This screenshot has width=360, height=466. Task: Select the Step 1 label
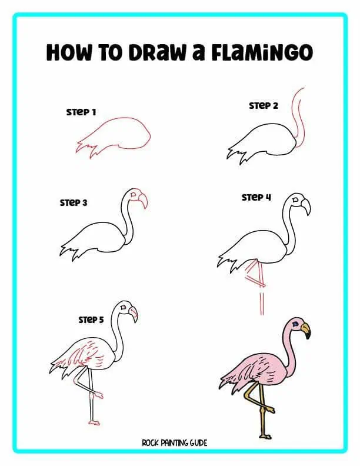point(81,112)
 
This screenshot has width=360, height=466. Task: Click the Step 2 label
point(263,106)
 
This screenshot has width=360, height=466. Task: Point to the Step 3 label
point(74,202)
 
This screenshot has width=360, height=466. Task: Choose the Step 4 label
point(256,197)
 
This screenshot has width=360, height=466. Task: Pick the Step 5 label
point(91,319)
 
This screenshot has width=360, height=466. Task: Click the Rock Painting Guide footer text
point(174,442)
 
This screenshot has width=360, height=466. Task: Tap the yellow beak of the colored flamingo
point(305,331)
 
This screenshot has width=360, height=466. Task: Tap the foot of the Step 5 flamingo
point(94,421)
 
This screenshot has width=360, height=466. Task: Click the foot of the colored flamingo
point(264,436)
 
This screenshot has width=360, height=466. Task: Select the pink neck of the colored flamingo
point(288,353)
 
